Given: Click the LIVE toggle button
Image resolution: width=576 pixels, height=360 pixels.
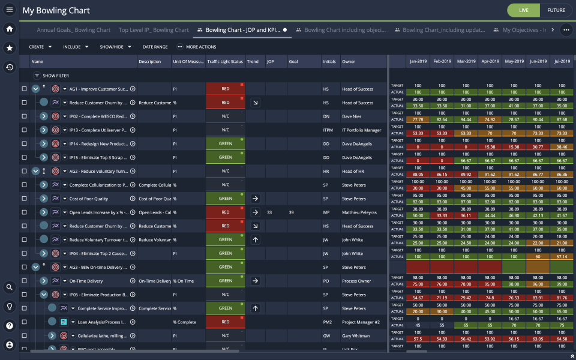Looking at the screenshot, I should click(523, 10).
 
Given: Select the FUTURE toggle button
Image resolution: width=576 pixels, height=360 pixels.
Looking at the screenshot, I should click(556, 10).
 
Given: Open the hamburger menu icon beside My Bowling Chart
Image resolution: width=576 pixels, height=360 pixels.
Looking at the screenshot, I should click(10, 10).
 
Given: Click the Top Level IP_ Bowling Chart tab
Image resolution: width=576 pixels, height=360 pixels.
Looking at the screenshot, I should click(154, 30).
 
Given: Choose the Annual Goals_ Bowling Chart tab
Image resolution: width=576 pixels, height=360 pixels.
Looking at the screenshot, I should click(73, 30).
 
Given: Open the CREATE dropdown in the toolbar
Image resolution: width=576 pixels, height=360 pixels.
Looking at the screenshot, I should click(40, 47).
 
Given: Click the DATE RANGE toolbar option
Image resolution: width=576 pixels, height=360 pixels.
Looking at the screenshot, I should click(155, 47).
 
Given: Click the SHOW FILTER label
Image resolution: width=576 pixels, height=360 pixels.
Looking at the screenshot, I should click(55, 76).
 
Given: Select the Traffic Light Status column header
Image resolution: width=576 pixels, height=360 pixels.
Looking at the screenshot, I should click(225, 62).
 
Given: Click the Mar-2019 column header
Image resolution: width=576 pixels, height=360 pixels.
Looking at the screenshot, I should click(466, 61).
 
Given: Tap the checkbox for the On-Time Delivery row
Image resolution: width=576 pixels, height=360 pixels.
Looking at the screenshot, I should click(24, 281).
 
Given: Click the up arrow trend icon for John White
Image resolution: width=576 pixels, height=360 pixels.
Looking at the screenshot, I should click(255, 240).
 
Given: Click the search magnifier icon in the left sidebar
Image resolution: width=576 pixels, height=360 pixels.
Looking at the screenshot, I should click(10, 287).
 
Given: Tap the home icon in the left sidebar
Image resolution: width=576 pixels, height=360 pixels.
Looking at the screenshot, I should click(10, 29).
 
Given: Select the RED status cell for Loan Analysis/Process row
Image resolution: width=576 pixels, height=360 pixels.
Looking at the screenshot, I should click(225, 322).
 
